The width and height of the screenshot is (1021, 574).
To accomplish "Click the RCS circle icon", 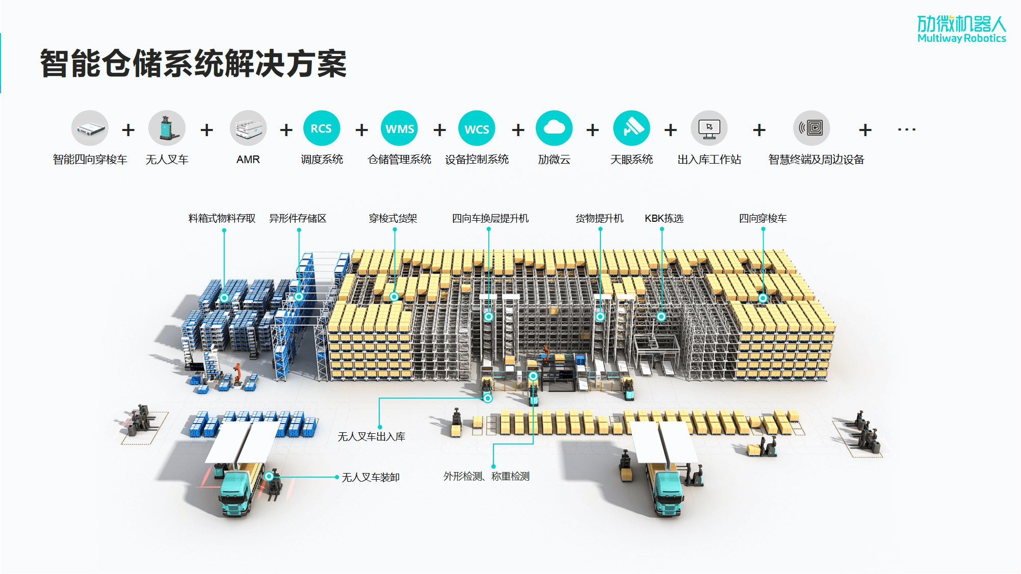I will coord(321,128).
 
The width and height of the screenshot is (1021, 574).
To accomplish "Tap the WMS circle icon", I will coord(399,128).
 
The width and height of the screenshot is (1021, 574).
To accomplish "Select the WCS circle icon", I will coord(477,128).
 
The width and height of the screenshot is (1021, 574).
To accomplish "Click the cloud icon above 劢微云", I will coord(554,128).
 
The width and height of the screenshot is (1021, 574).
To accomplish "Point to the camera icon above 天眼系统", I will coord(632,128).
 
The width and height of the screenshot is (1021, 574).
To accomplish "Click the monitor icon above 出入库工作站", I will coord(709,128).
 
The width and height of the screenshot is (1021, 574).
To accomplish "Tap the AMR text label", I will coord(248,160).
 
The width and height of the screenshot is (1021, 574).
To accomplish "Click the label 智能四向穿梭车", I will coord(90,160).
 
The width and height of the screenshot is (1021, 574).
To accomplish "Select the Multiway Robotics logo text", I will coord(961,39).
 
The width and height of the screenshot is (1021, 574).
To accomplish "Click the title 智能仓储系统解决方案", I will coord(193,64).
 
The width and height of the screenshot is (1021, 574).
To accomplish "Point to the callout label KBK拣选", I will coord(664,218).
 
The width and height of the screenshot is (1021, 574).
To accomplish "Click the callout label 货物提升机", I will coord(599,218).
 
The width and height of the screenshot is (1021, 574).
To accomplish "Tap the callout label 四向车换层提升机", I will coord(490,218).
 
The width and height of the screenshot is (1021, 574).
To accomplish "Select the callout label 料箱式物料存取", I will coord(222,218).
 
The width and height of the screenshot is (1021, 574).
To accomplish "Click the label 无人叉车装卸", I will coord(371,477).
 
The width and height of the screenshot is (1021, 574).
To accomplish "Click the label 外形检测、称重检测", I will coord(486,476).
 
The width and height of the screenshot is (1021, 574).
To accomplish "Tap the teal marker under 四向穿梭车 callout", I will coord(763,298).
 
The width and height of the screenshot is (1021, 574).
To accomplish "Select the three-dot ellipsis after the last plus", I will coord(906,129).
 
